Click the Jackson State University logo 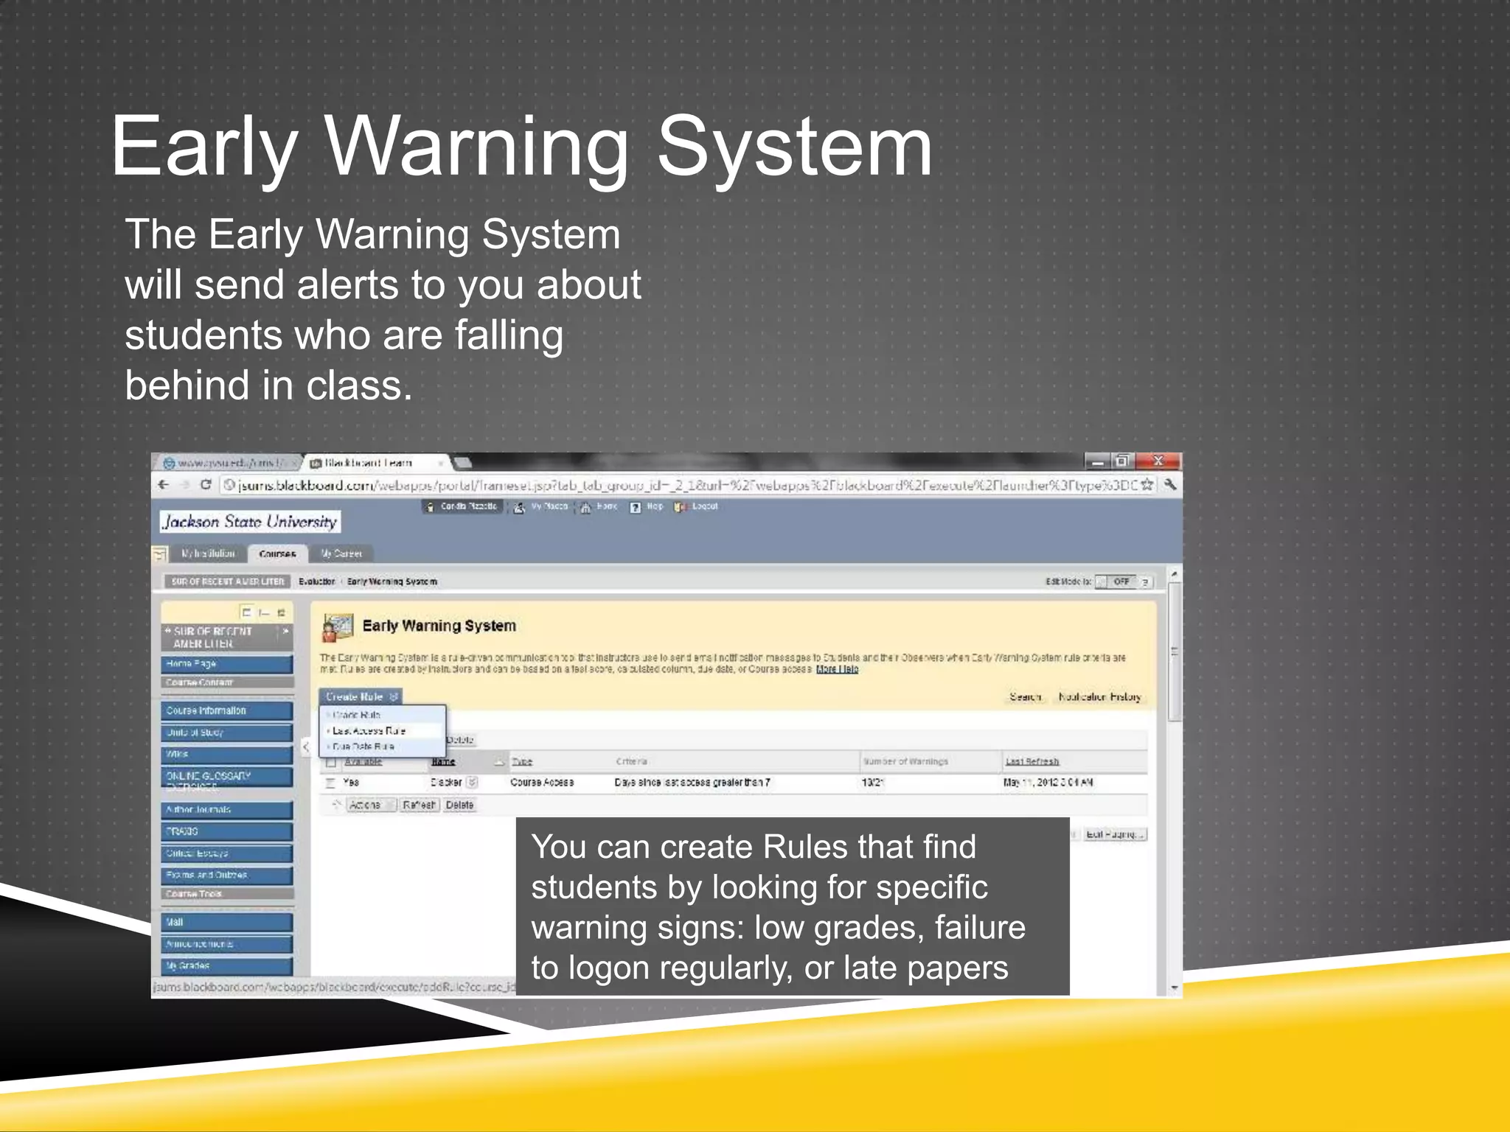click(x=250, y=522)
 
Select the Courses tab click(x=277, y=553)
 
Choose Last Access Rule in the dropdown click(x=369, y=730)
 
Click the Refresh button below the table click(x=419, y=805)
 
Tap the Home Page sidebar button click(x=226, y=664)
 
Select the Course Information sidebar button click(x=226, y=710)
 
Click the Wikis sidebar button click(x=226, y=754)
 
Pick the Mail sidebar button click(x=226, y=922)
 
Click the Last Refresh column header click(x=1031, y=761)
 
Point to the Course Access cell click(x=542, y=782)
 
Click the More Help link click(x=837, y=669)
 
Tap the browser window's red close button click(x=1158, y=461)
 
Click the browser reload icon click(x=206, y=484)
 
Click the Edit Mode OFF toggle click(x=1121, y=581)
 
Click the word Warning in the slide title click(x=476, y=147)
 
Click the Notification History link click(x=1099, y=696)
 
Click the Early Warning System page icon click(x=338, y=627)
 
